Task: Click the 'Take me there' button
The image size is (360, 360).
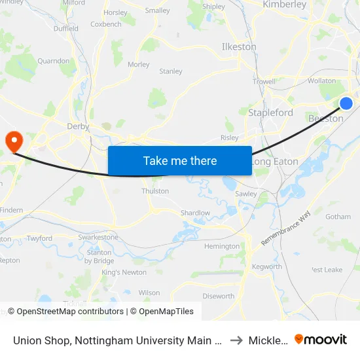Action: point(180,161)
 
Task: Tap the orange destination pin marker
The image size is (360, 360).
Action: point(14,141)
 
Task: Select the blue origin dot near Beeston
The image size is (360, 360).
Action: point(346,103)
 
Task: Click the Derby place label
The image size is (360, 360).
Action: point(78,126)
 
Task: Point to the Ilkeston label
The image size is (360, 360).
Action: point(240,47)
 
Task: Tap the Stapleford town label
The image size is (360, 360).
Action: point(270,113)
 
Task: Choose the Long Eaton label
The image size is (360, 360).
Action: point(276,162)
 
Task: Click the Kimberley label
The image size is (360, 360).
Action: point(284,5)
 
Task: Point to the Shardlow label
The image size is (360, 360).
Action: point(196,213)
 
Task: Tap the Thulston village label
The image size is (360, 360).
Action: point(155,191)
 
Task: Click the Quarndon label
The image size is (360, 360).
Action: point(53,61)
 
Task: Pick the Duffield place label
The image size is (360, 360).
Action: point(65,29)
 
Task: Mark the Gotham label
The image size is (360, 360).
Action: point(338,217)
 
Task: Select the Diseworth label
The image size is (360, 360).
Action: point(218,296)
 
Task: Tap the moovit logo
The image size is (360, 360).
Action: point(321,339)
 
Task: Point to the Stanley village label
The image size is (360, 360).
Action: point(171,71)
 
